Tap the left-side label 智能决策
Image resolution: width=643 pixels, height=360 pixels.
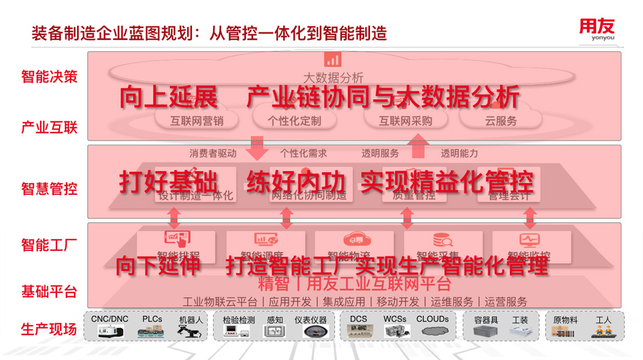point(49,77)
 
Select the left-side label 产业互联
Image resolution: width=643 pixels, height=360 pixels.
point(49,127)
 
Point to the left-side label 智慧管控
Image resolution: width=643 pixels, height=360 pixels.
point(49,189)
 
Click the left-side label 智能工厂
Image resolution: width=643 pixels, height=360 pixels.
point(49,244)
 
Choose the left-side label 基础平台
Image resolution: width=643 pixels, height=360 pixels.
point(49,292)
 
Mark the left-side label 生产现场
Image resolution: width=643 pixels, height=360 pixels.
point(49,329)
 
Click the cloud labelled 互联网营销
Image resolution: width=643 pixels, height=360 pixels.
point(196,121)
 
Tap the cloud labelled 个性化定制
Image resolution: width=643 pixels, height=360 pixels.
point(294,121)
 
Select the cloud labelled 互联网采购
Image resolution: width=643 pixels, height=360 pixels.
point(405,121)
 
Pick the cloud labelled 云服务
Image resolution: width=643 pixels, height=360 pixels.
point(501,121)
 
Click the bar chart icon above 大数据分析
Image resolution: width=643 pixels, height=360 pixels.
point(333,60)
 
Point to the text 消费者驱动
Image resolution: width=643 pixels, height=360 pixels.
point(212,153)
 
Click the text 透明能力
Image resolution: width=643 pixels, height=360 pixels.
point(459,153)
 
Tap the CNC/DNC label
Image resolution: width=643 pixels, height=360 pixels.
point(110,320)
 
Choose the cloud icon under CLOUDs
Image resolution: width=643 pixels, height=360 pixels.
point(432,331)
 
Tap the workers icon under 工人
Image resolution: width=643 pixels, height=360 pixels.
point(603,331)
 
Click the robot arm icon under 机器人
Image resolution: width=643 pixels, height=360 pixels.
point(191,331)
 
